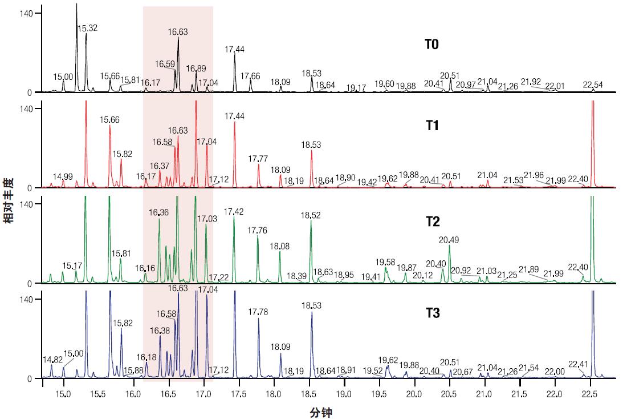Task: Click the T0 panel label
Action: pyautogui.click(x=431, y=44)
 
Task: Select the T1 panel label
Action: pyautogui.click(x=431, y=125)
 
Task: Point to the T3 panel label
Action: pyautogui.click(x=431, y=313)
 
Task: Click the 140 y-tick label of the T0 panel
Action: pyautogui.click(x=26, y=13)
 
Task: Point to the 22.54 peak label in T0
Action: pyautogui.click(x=593, y=85)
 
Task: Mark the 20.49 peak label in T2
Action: pyautogui.click(x=449, y=240)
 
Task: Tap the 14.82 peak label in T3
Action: pyautogui.click(x=52, y=360)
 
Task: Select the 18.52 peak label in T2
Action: pyautogui.click(x=311, y=215)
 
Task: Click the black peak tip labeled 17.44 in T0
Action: pyautogui.click(x=235, y=55)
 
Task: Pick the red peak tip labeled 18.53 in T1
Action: pyautogui.click(x=312, y=151)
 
